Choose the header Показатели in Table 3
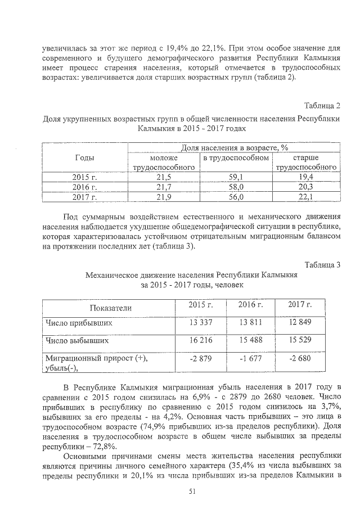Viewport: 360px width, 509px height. [110, 308]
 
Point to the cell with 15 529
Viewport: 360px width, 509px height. [300, 341]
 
